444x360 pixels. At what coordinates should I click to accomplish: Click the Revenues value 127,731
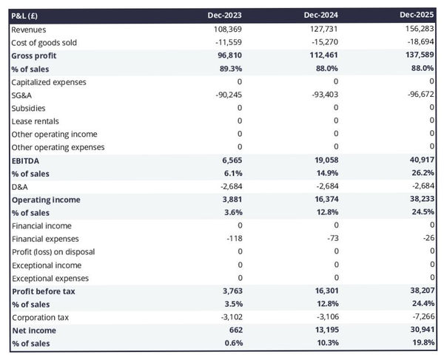tap(323, 30)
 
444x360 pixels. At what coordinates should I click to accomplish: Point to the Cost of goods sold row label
tap(44, 43)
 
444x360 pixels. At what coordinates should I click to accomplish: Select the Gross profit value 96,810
tap(227, 55)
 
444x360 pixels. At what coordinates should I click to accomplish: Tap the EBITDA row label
tap(26, 160)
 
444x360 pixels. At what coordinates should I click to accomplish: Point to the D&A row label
tap(20, 186)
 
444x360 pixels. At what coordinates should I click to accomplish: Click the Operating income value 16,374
tap(323, 200)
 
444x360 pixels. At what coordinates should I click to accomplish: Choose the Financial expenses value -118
tap(232, 239)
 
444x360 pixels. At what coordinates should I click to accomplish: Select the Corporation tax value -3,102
tap(228, 317)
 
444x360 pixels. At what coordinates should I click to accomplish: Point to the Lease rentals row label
tap(36, 121)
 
